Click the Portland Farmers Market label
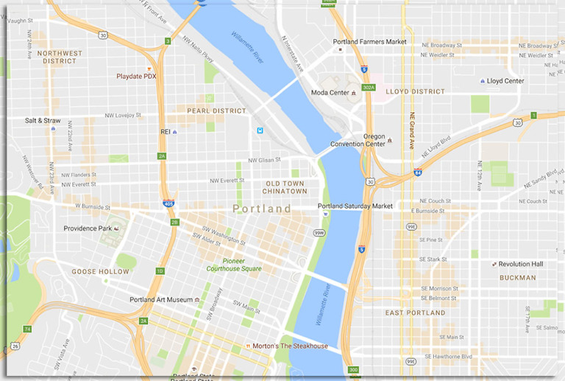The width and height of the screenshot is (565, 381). coord(369,42)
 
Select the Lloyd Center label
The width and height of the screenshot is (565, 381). coord(505,80)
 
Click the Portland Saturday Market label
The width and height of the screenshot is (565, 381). coord(355,206)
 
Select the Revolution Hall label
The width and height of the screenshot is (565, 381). coord(520,264)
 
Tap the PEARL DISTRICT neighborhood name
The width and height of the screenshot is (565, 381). coord(216,111)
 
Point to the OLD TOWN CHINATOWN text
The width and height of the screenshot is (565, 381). coord(285,187)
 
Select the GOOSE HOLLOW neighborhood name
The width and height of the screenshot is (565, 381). coord(100,272)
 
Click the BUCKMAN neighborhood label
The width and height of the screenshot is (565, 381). coord(517,278)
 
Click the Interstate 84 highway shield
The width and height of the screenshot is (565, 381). coord(418,172)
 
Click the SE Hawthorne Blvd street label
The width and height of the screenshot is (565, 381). coord(445,357)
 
